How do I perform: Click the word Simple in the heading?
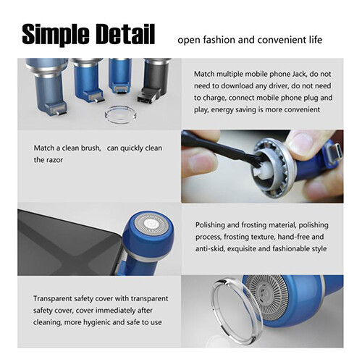click(x=56, y=34)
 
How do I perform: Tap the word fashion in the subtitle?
click(x=219, y=40)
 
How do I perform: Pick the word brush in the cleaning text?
click(x=90, y=148)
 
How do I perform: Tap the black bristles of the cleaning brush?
click(x=258, y=160)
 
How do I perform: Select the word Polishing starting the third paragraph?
click(x=210, y=225)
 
